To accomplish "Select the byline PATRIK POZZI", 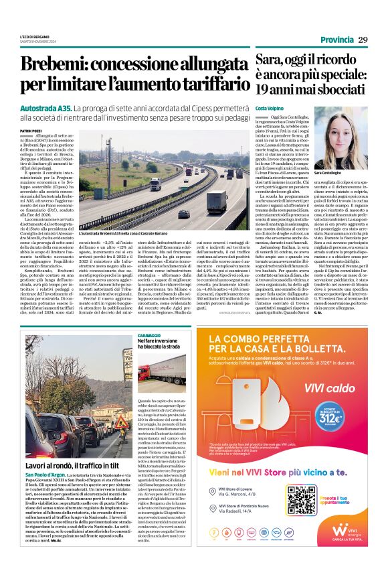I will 31,130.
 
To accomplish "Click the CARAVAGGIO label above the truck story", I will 149,333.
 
